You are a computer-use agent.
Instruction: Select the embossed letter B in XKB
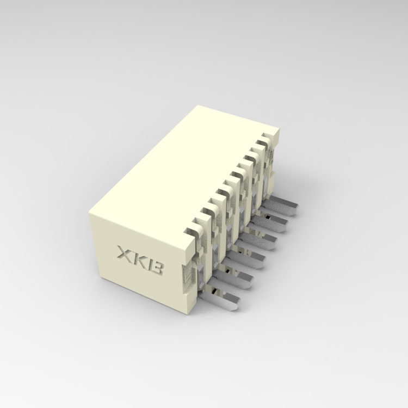(155, 267)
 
